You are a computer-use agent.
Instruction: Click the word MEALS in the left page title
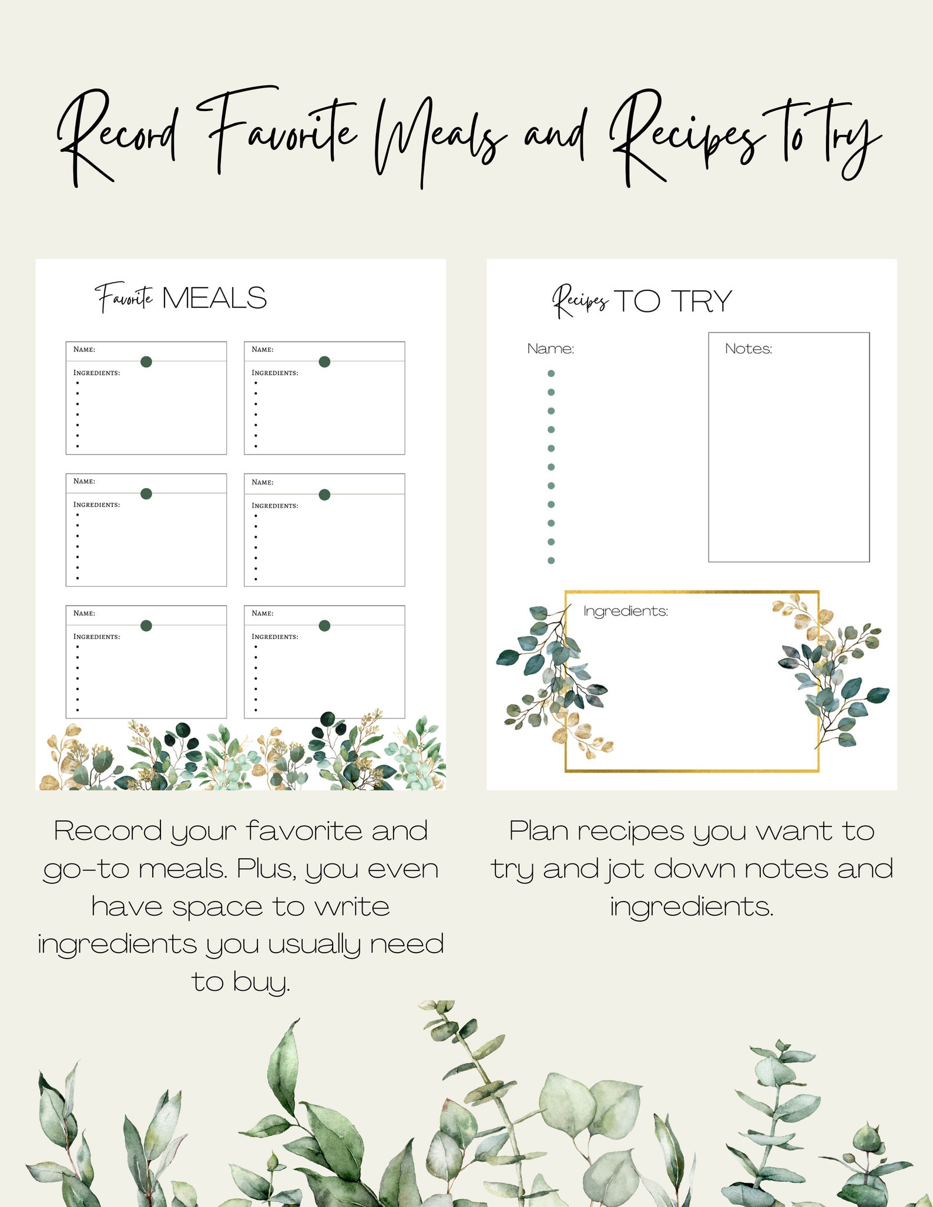pos(214,298)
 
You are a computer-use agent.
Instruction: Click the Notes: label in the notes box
pos(748,349)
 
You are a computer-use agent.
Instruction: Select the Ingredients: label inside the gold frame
pos(625,611)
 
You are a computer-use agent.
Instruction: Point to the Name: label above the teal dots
pos(550,349)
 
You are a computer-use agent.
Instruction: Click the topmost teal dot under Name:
pos(551,374)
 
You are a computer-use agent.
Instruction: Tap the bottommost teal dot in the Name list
pos(551,560)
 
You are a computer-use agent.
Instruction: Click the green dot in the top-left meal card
pos(146,362)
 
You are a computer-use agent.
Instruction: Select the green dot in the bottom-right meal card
pos(324,626)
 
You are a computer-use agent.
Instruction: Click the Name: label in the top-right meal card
pos(262,349)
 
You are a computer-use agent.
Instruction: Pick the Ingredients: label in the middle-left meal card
pos(96,505)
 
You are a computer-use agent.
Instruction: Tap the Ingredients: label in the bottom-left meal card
pos(96,637)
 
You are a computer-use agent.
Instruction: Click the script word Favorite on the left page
pos(125,298)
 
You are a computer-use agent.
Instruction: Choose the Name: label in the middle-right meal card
pos(262,482)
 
